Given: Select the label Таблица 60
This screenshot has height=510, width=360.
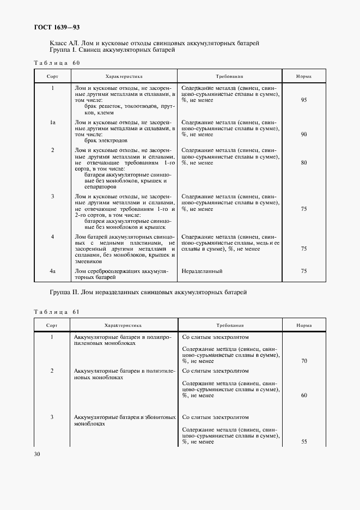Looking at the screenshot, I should tap(57, 63).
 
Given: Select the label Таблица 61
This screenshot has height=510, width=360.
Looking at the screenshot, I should tap(57, 312).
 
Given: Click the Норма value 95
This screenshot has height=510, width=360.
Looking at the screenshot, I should tap(304, 100).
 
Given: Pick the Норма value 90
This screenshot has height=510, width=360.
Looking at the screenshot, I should tap(304, 134).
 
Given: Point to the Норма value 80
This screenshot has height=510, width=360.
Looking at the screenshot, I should tap(304, 163).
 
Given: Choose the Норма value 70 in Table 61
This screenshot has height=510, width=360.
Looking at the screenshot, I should tap(304, 361).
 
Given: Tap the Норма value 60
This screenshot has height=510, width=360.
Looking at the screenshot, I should tap(304, 395).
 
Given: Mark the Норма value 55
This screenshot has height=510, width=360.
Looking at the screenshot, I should tap(304, 442).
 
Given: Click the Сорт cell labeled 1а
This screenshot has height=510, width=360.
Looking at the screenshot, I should tap(52, 123).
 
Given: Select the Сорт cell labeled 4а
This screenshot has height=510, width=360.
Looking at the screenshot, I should tap(52, 271).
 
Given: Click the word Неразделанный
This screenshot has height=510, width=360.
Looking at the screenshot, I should tap(202, 271).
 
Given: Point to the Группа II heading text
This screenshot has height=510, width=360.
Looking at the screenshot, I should tap(148, 293).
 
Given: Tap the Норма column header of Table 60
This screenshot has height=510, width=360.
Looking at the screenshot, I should tap(304, 77).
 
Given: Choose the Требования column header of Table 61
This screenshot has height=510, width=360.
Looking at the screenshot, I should tap(229, 325).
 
